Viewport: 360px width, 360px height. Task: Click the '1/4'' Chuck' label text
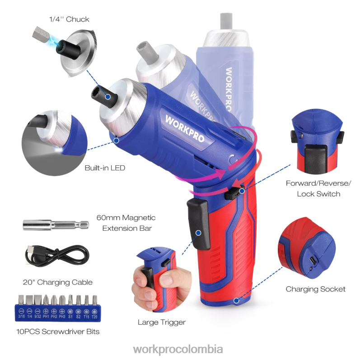click(69, 19)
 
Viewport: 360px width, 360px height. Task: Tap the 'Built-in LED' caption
click(105, 168)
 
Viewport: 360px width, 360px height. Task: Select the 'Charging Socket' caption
click(315, 289)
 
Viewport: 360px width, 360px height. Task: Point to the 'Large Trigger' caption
click(162, 323)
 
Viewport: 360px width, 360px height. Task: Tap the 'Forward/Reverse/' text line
click(318, 183)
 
